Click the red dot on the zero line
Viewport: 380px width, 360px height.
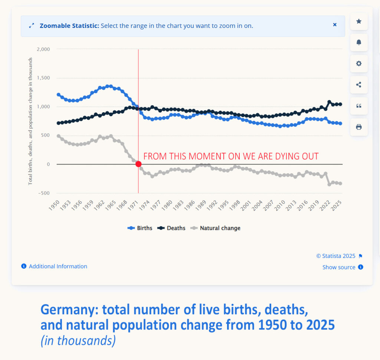point(138,164)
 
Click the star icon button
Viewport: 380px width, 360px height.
point(359,22)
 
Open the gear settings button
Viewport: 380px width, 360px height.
point(359,64)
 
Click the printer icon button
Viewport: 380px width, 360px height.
point(359,127)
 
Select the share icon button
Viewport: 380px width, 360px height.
point(359,85)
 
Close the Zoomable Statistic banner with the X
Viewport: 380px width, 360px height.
point(335,25)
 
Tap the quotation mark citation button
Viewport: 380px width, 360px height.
point(359,106)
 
